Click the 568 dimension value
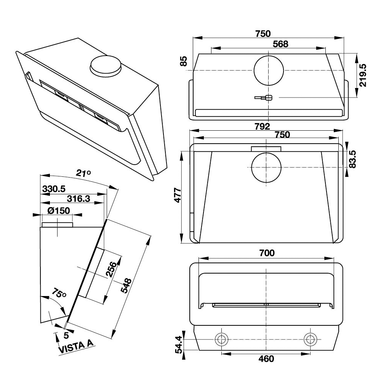coord(280,44)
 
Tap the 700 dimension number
coord(266,253)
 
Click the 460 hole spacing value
coord(266,359)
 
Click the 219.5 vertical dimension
coord(362,75)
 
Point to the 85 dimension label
coord(184,61)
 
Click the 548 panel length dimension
coord(126,286)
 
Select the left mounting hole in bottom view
coord(221,338)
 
